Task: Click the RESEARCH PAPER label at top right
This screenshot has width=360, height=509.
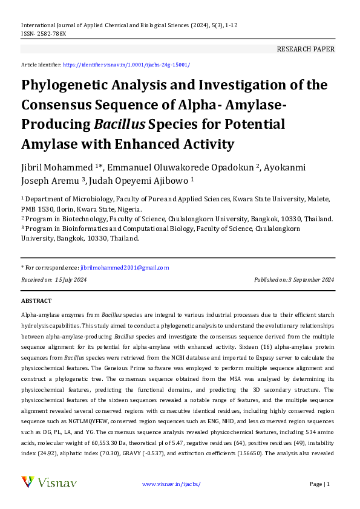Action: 305,49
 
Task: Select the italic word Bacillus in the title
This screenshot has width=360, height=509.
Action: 119,125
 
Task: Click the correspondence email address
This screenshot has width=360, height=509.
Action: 125,267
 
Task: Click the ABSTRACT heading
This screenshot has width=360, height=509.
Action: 36,300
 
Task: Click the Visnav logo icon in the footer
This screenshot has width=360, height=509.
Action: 28,482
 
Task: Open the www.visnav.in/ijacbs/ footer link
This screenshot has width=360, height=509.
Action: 171,484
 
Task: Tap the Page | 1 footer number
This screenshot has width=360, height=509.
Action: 319,484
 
